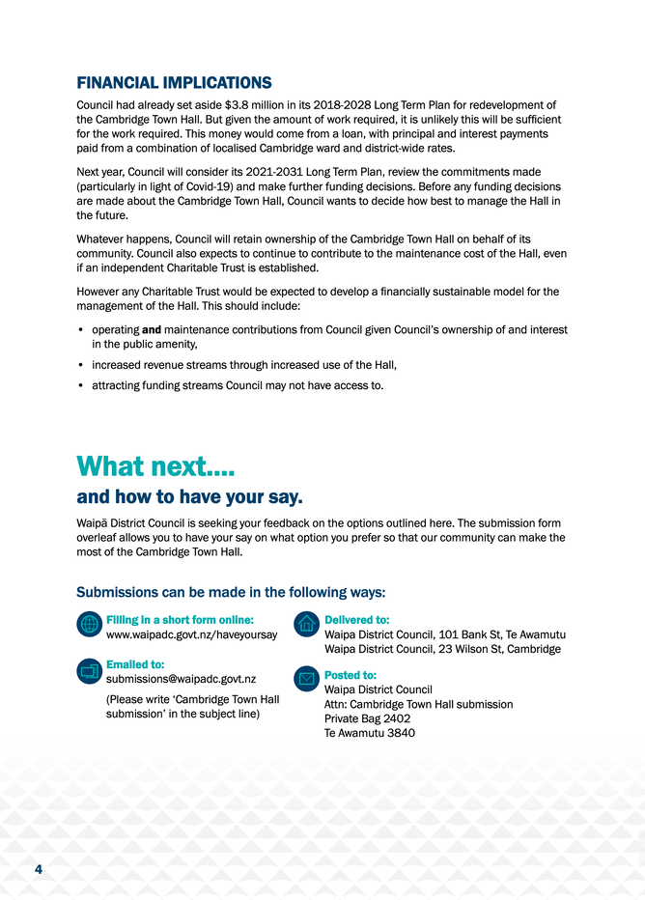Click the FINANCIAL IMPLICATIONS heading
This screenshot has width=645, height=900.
[174, 83]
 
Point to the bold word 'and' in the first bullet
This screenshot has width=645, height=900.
[151, 330]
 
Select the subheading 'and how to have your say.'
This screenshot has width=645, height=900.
[190, 498]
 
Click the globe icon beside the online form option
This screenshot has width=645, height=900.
[88, 624]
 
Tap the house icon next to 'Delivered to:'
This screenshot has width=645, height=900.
[307, 624]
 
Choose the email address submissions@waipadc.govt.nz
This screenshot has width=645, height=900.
[181, 680]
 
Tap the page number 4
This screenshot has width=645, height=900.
[38, 870]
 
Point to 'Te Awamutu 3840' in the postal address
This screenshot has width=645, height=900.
[370, 734]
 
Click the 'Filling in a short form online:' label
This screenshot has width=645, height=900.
[180, 619]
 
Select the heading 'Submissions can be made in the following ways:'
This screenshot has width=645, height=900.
[231, 592]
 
